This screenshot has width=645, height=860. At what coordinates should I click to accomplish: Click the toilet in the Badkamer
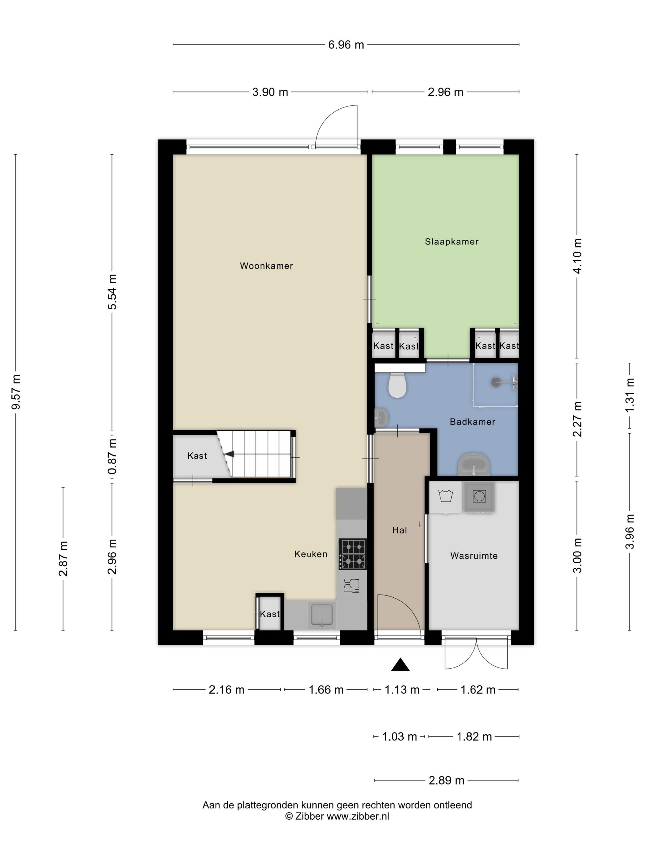pyautogui.click(x=397, y=385)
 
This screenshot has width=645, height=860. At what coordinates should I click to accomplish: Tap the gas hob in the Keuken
pyautogui.click(x=352, y=554)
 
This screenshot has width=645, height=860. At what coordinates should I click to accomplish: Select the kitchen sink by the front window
pyautogui.click(x=321, y=615)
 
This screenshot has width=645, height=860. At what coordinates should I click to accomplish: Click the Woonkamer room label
pyautogui.click(x=266, y=266)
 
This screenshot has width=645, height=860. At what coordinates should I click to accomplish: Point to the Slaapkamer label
pyautogui.click(x=451, y=242)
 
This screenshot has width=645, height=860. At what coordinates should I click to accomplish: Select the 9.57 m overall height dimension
pyautogui.click(x=16, y=392)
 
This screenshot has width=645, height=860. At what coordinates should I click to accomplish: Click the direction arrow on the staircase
pyautogui.click(x=229, y=454)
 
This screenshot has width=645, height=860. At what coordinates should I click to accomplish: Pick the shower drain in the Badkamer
pyautogui.click(x=496, y=382)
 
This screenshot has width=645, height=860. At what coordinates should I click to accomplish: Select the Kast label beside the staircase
pyautogui.click(x=197, y=456)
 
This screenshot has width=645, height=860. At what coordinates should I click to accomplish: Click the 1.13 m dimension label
pyautogui.click(x=402, y=689)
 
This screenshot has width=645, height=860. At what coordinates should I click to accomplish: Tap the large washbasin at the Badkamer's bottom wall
pyautogui.click(x=474, y=464)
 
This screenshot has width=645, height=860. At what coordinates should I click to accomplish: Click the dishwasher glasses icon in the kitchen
pyautogui.click(x=352, y=585)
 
